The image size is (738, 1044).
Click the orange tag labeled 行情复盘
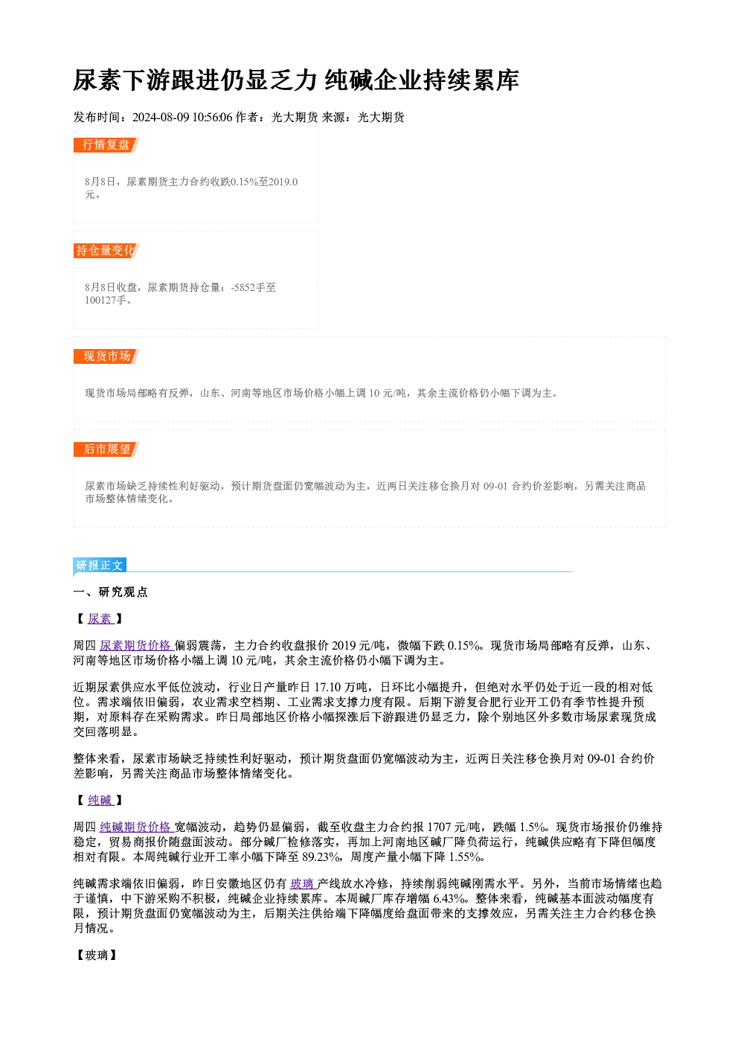(106, 145)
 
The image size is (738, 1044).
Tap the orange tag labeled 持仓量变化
(106, 251)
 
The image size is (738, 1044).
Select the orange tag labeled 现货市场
(106, 356)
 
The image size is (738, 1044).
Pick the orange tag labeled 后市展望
(106, 449)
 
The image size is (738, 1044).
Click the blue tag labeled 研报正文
(100, 565)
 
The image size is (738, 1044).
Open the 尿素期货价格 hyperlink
(136, 645)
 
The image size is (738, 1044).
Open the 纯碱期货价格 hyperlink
(136, 827)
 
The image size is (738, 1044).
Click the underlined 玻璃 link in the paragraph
(304, 884)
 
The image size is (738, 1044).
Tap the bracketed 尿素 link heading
(100, 619)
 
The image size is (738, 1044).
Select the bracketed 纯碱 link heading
(100, 801)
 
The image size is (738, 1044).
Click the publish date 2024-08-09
(161, 118)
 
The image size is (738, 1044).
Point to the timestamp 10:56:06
(212, 118)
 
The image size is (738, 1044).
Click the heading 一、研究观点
(110, 592)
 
